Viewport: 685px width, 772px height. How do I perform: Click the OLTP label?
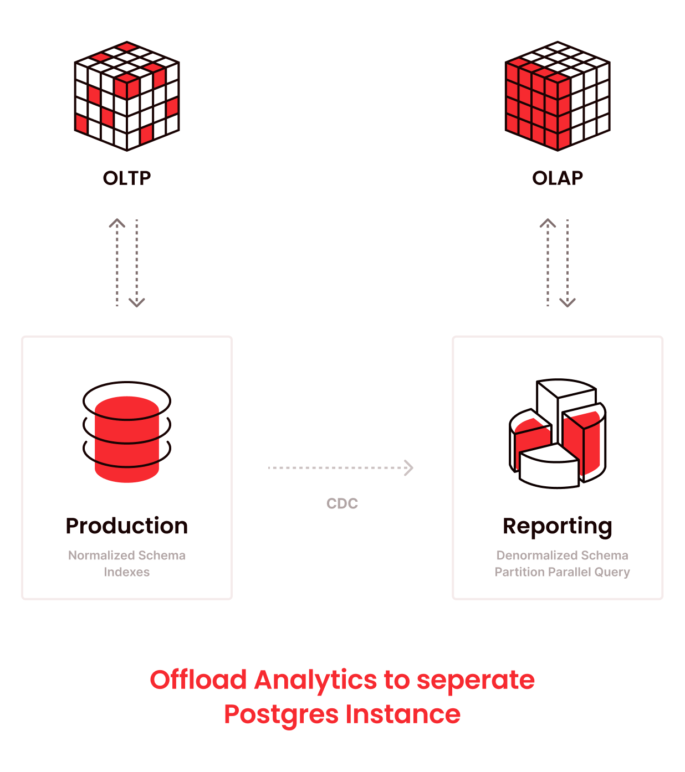pyautogui.click(x=127, y=178)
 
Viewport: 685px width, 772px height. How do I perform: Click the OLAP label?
pyautogui.click(x=558, y=178)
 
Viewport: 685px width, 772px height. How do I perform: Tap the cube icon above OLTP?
pyautogui.click(x=127, y=96)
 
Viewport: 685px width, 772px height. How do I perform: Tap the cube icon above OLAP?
pyautogui.click(x=558, y=96)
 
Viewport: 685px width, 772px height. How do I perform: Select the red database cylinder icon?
pyautogui.click(x=127, y=433)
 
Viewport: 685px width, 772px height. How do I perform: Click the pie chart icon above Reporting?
pyautogui.click(x=558, y=434)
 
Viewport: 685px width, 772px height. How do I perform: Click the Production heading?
pyautogui.click(x=127, y=526)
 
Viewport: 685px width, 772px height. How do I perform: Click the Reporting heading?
pyautogui.click(x=558, y=527)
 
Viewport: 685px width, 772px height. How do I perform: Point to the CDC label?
pyautogui.click(x=342, y=503)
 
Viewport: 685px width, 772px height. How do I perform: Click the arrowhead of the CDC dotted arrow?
pyautogui.click(x=409, y=468)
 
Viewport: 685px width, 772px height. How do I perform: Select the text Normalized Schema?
pyautogui.click(x=127, y=555)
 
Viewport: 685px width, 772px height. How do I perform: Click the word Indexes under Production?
pyautogui.click(x=127, y=572)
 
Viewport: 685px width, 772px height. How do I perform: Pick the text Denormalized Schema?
pyautogui.click(x=562, y=555)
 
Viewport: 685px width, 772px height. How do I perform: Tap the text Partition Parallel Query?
pyautogui.click(x=562, y=572)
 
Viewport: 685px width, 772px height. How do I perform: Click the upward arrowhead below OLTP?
pyautogui.click(x=117, y=224)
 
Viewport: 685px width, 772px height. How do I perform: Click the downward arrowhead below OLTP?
pyautogui.click(x=137, y=302)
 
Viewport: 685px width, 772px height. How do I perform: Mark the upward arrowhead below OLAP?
pyautogui.click(x=548, y=224)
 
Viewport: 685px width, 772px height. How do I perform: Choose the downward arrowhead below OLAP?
pyautogui.click(x=568, y=302)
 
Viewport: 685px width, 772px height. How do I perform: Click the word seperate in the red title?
pyautogui.click(x=476, y=681)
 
